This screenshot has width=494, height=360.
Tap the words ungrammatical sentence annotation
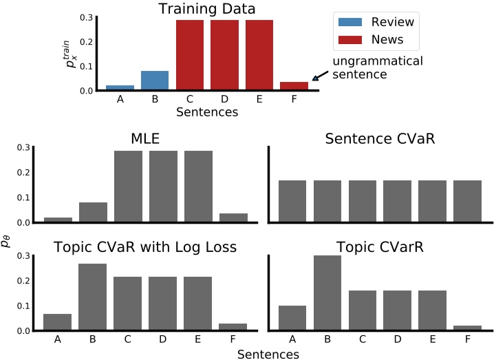[377, 67]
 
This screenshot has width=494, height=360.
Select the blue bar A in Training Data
[120, 87]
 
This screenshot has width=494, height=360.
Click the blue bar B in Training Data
[155, 81]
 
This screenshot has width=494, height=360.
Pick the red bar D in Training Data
[226, 55]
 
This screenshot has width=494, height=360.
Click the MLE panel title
[145, 139]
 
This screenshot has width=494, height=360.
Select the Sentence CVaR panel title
[376, 139]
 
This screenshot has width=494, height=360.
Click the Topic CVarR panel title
[376, 247]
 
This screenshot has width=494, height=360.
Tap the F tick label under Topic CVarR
[468, 339]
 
